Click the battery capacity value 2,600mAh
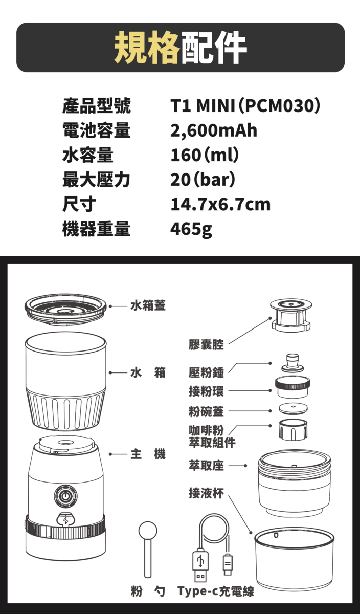(214, 131)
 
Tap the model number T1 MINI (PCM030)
(245, 106)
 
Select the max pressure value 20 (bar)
(202, 180)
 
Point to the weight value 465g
(191, 230)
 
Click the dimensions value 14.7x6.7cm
(220, 205)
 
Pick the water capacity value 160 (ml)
(205, 155)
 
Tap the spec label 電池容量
(97, 130)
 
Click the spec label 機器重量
(97, 229)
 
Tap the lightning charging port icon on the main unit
(65, 520)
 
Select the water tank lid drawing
(65, 309)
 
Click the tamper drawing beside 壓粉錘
(292, 363)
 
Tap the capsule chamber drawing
(291, 315)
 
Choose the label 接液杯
(206, 493)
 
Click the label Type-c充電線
(216, 591)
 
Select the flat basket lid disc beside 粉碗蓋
(293, 409)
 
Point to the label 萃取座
(206, 465)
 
